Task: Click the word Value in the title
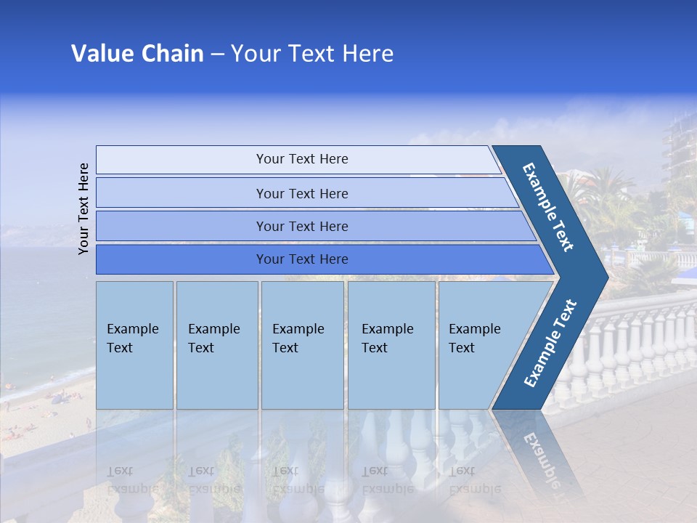(x=100, y=54)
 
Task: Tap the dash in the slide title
(x=217, y=54)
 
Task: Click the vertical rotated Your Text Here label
(x=83, y=209)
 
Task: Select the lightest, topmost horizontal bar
(x=301, y=159)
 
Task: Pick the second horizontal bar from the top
(x=301, y=193)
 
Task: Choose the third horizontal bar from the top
(x=301, y=226)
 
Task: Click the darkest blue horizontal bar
(x=301, y=259)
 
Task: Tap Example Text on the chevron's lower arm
(x=550, y=344)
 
